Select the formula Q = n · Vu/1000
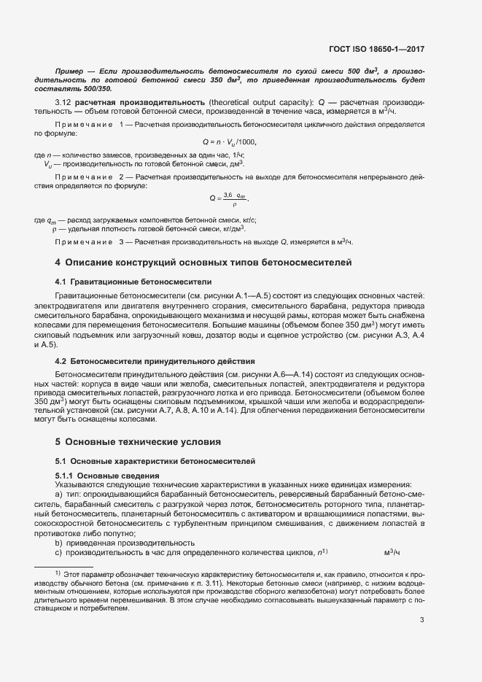coord(230,142)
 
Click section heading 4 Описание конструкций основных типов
coord(203,262)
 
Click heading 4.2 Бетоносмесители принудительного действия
coord(155,361)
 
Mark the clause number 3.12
coord(63,101)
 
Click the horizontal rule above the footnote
coord(64,566)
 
